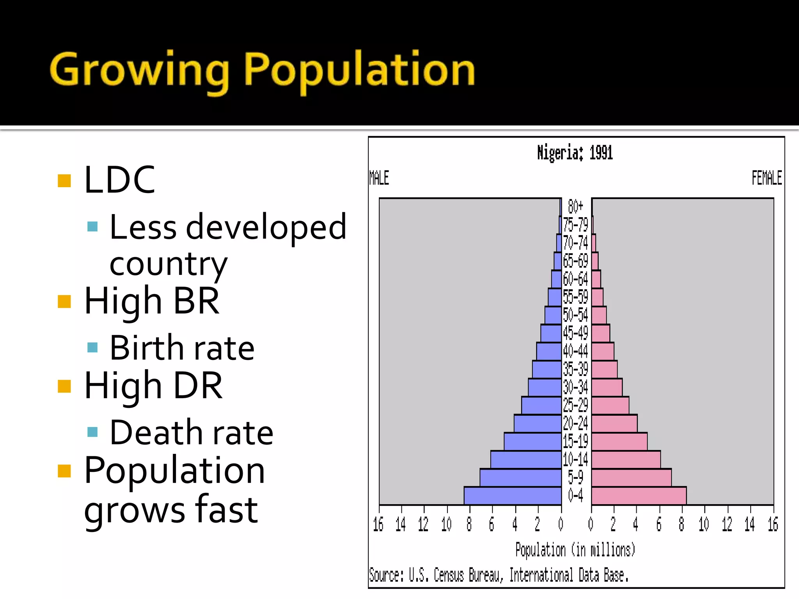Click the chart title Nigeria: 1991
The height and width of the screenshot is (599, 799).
pyautogui.click(x=575, y=153)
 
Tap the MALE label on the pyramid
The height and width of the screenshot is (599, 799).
pyautogui.click(x=379, y=178)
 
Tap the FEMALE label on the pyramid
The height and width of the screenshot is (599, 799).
pyautogui.click(x=767, y=178)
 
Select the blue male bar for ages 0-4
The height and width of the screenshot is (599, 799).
pyautogui.click(x=513, y=496)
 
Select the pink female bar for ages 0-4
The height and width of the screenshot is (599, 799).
pyautogui.click(x=639, y=496)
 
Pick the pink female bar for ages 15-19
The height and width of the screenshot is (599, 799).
pyautogui.click(x=619, y=441)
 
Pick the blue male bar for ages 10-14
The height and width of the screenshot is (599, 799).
pyautogui.click(x=526, y=459)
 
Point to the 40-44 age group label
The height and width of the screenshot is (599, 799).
pyautogui.click(x=575, y=351)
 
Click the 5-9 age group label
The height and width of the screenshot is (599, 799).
pyautogui.click(x=575, y=477)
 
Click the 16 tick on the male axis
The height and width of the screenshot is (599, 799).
pyautogui.click(x=378, y=525)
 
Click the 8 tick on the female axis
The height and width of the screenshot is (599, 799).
pyautogui.click(x=682, y=525)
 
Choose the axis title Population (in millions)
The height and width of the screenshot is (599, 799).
pyautogui.click(x=575, y=550)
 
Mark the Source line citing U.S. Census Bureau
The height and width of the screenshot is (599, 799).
pyautogui.click(x=499, y=575)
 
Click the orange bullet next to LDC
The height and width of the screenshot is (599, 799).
pyautogui.click(x=64, y=181)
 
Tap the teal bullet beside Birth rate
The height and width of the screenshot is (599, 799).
pyautogui.click(x=92, y=347)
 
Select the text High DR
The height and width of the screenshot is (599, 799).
pyautogui.click(x=153, y=386)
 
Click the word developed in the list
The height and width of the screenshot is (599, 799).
pyautogui.click(x=266, y=227)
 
